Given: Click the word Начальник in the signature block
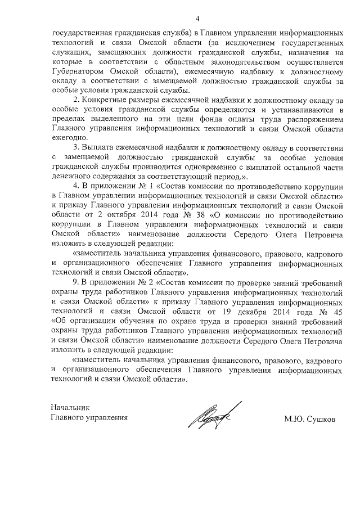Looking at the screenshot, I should coord(69,407).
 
